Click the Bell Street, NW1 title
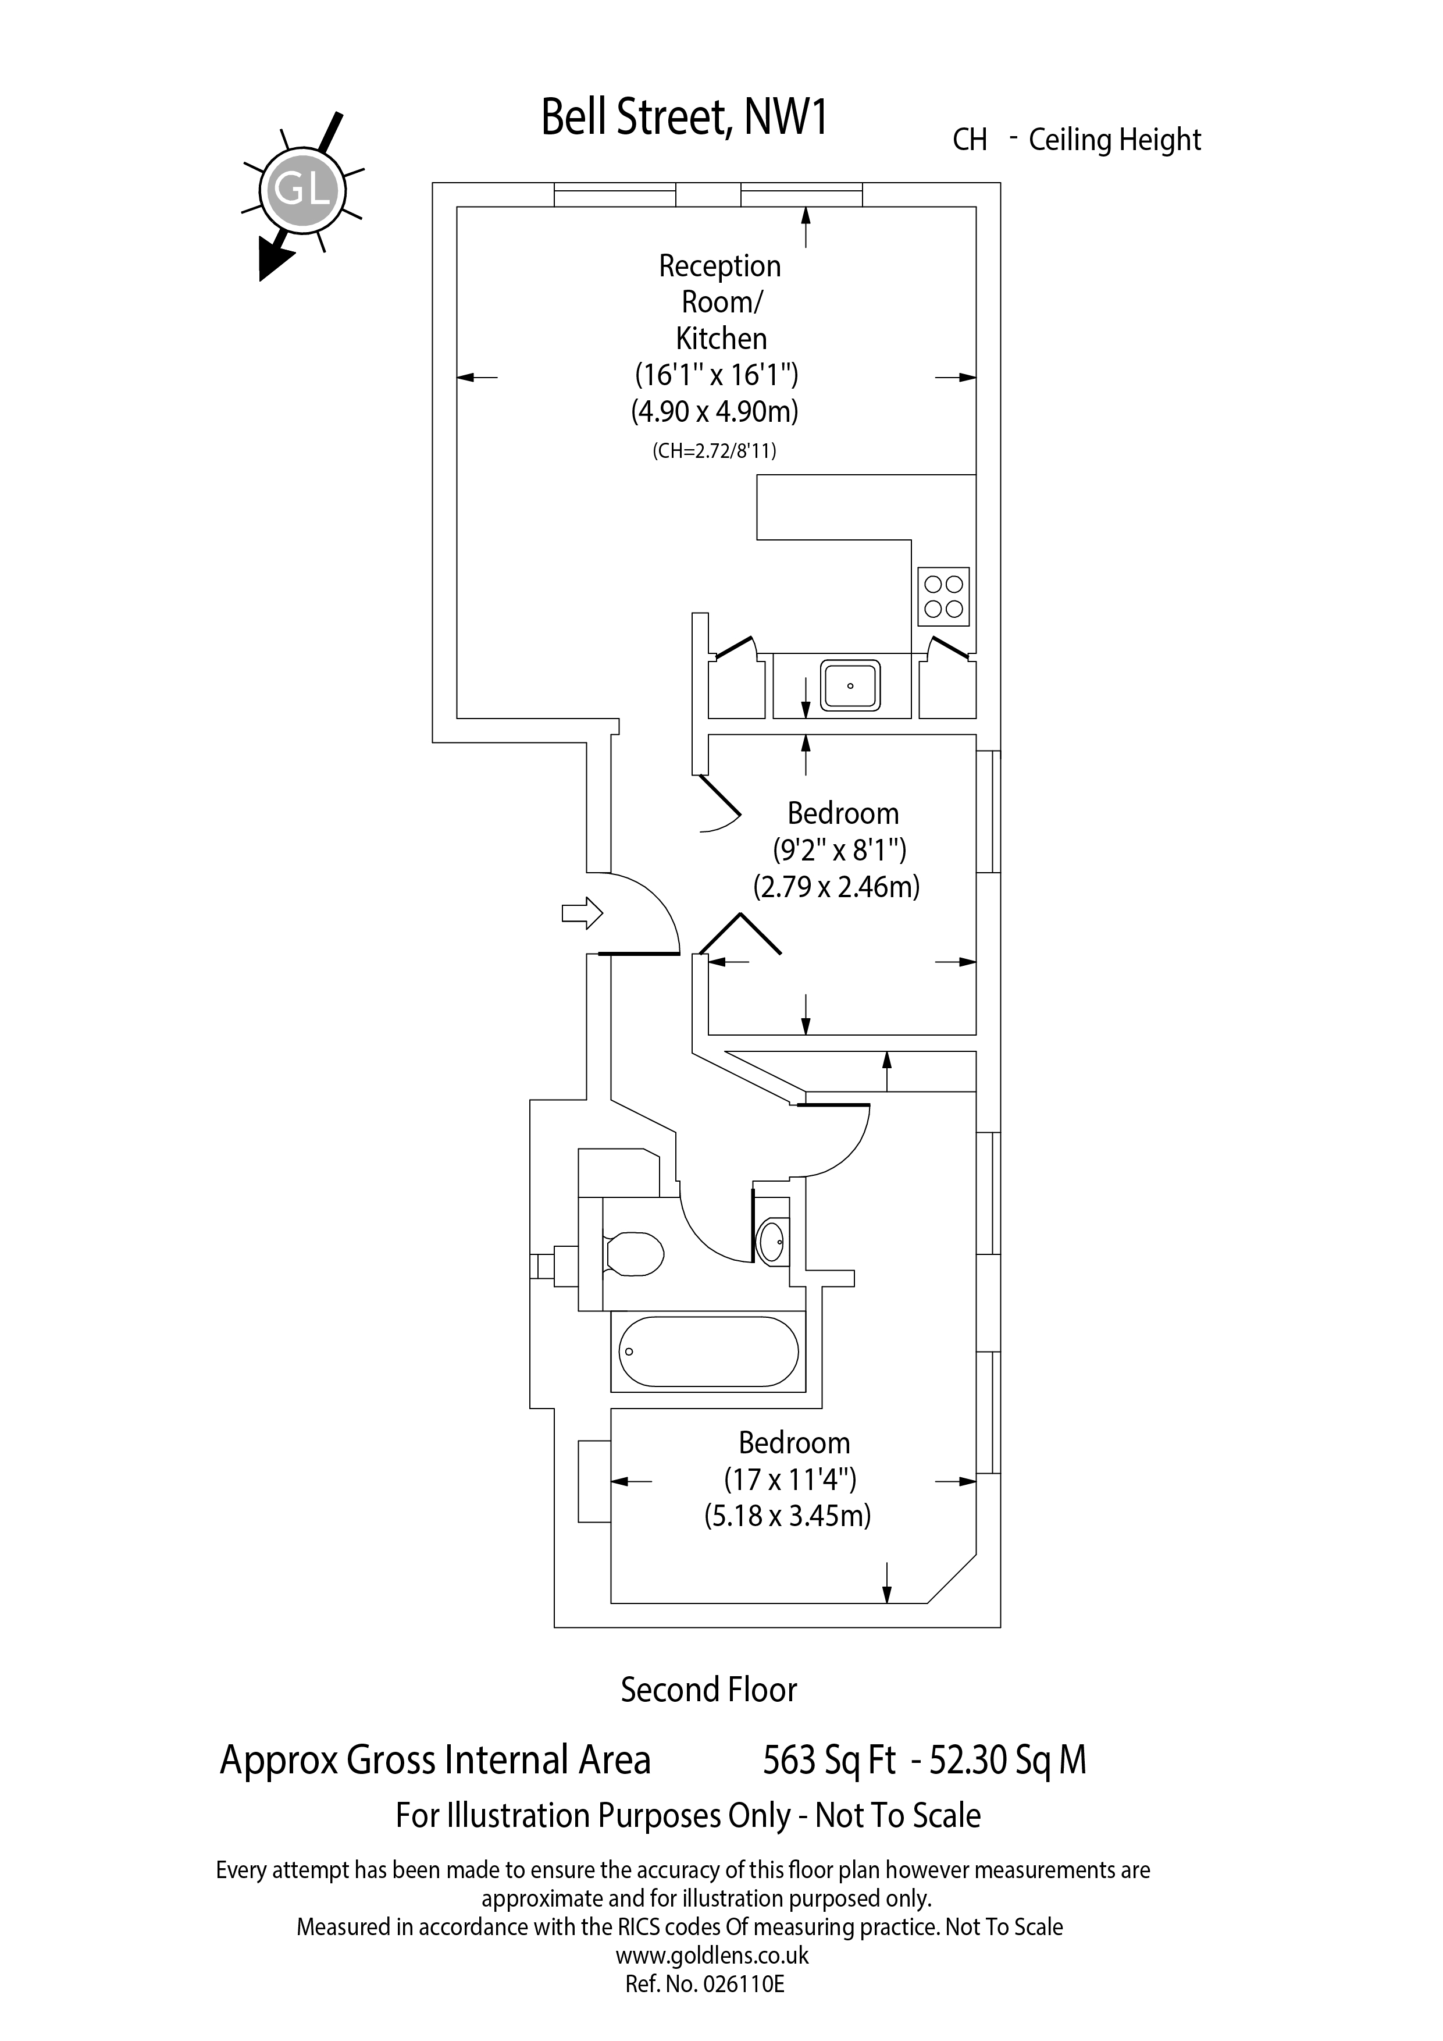(683, 118)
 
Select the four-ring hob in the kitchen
(943, 596)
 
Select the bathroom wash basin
(771, 1240)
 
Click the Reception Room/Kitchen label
(719, 302)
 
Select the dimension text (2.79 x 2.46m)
(836, 887)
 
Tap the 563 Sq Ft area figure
(829, 1761)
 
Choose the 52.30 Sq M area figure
(1007, 1761)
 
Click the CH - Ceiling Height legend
(1076, 140)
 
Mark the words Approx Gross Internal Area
(436, 1761)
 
